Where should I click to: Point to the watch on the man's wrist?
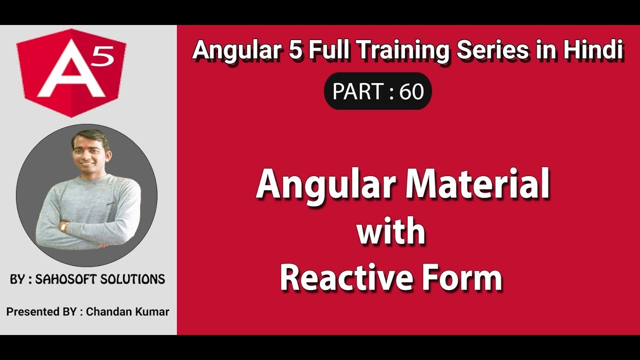click(x=64, y=226)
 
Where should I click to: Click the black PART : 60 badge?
click(x=377, y=91)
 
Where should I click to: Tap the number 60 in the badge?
click(x=411, y=91)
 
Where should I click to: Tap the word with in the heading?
click(x=391, y=232)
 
